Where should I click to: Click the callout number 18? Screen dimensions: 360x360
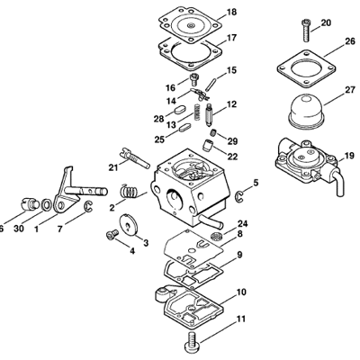(x=231, y=12)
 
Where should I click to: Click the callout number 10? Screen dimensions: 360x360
(x=241, y=292)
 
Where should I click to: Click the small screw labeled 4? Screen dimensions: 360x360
(x=112, y=236)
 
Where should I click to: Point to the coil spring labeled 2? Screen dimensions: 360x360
(x=131, y=192)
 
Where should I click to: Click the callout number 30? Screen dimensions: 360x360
(x=20, y=229)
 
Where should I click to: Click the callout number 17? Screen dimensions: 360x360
(x=231, y=38)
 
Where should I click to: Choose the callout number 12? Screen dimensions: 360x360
(x=231, y=105)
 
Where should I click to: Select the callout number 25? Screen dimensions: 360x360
(x=159, y=139)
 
